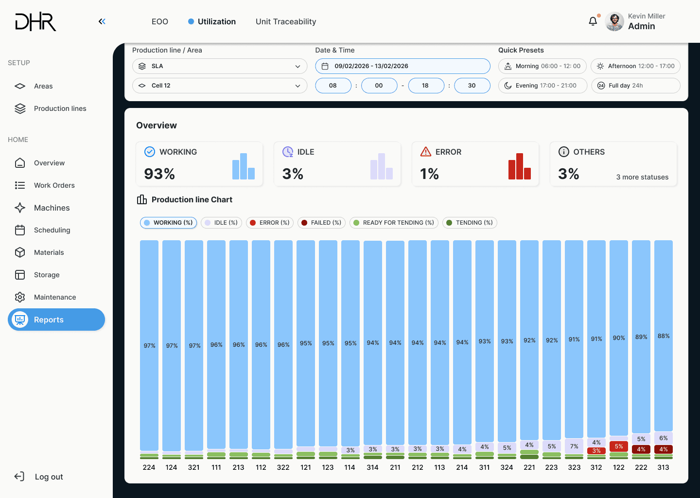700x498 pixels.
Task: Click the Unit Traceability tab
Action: pos(286,21)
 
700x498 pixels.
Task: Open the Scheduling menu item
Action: pos(52,230)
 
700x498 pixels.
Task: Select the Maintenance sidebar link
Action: pos(54,297)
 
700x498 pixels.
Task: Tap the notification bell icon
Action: pos(593,21)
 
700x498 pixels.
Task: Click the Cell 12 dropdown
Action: pos(220,86)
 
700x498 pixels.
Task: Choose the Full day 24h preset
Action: pos(635,86)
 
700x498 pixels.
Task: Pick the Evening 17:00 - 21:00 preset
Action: pos(542,86)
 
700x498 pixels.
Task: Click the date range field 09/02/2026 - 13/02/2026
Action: pos(402,66)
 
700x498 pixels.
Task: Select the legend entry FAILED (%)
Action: pos(320,223)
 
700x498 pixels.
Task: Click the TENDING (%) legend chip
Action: pos(469,223)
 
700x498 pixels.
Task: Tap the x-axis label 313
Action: pos(663,467)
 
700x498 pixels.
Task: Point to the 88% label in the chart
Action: pos(664,336)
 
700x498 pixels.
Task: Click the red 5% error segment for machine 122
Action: pos(619,446)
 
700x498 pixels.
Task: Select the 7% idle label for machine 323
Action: pos(574,446)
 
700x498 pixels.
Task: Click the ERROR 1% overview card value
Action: pos(430,174)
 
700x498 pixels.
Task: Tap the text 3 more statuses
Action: pos(642,177)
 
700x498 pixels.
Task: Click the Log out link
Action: pos(49,477)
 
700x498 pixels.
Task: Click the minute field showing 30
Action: pos(472,86)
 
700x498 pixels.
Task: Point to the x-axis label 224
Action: pos(149,467)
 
